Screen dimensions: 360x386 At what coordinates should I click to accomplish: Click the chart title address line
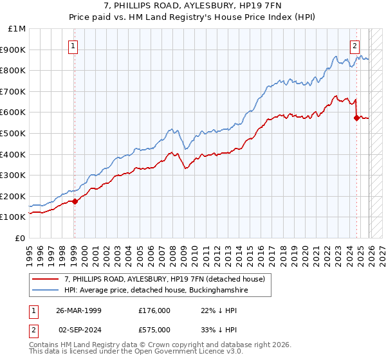click(193, 6)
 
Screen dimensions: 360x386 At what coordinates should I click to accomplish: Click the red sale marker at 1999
click(75, 201)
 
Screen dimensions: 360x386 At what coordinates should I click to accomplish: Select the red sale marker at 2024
click(356, 118)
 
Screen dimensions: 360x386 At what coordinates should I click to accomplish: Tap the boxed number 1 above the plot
click(74, 46)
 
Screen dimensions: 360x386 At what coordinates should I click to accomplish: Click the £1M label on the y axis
click(17, 28)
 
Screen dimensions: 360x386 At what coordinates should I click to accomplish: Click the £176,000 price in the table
click(154, 310)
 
